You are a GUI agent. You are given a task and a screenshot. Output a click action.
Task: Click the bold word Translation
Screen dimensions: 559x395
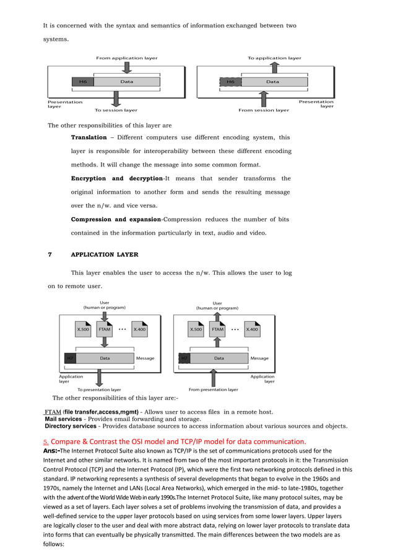click(x=89, y=137)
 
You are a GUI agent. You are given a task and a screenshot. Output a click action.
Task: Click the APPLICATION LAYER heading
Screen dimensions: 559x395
click(x=105, y=254)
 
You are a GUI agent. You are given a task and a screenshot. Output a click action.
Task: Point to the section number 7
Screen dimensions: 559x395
click(x=50, y=254)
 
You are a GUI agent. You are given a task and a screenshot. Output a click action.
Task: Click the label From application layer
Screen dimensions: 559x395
click(x=126, y=58)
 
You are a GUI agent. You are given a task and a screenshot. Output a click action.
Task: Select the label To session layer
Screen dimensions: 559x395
click(x=116, y=110)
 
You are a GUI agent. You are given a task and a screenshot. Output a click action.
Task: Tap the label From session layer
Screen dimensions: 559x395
click(x=264, y=110)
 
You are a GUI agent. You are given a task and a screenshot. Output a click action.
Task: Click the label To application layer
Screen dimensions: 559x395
click(x=274, y=58)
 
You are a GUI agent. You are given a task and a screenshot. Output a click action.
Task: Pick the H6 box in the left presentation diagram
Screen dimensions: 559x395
click(x=82, y=82)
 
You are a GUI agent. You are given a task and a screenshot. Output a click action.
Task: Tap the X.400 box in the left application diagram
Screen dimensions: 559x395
click(x=140, y=329)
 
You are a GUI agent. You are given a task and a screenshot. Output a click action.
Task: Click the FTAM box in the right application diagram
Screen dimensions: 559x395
click(x=217, y=329)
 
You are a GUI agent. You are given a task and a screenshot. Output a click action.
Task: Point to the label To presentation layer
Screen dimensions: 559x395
click(x=99, y=389)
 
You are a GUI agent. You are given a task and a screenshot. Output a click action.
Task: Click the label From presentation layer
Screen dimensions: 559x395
click(x=213, y=389)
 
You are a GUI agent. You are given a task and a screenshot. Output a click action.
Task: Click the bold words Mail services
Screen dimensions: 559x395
click(x=63, y=419)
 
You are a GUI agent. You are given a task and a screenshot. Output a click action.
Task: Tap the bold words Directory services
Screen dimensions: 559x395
click(x=71, y=426)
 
